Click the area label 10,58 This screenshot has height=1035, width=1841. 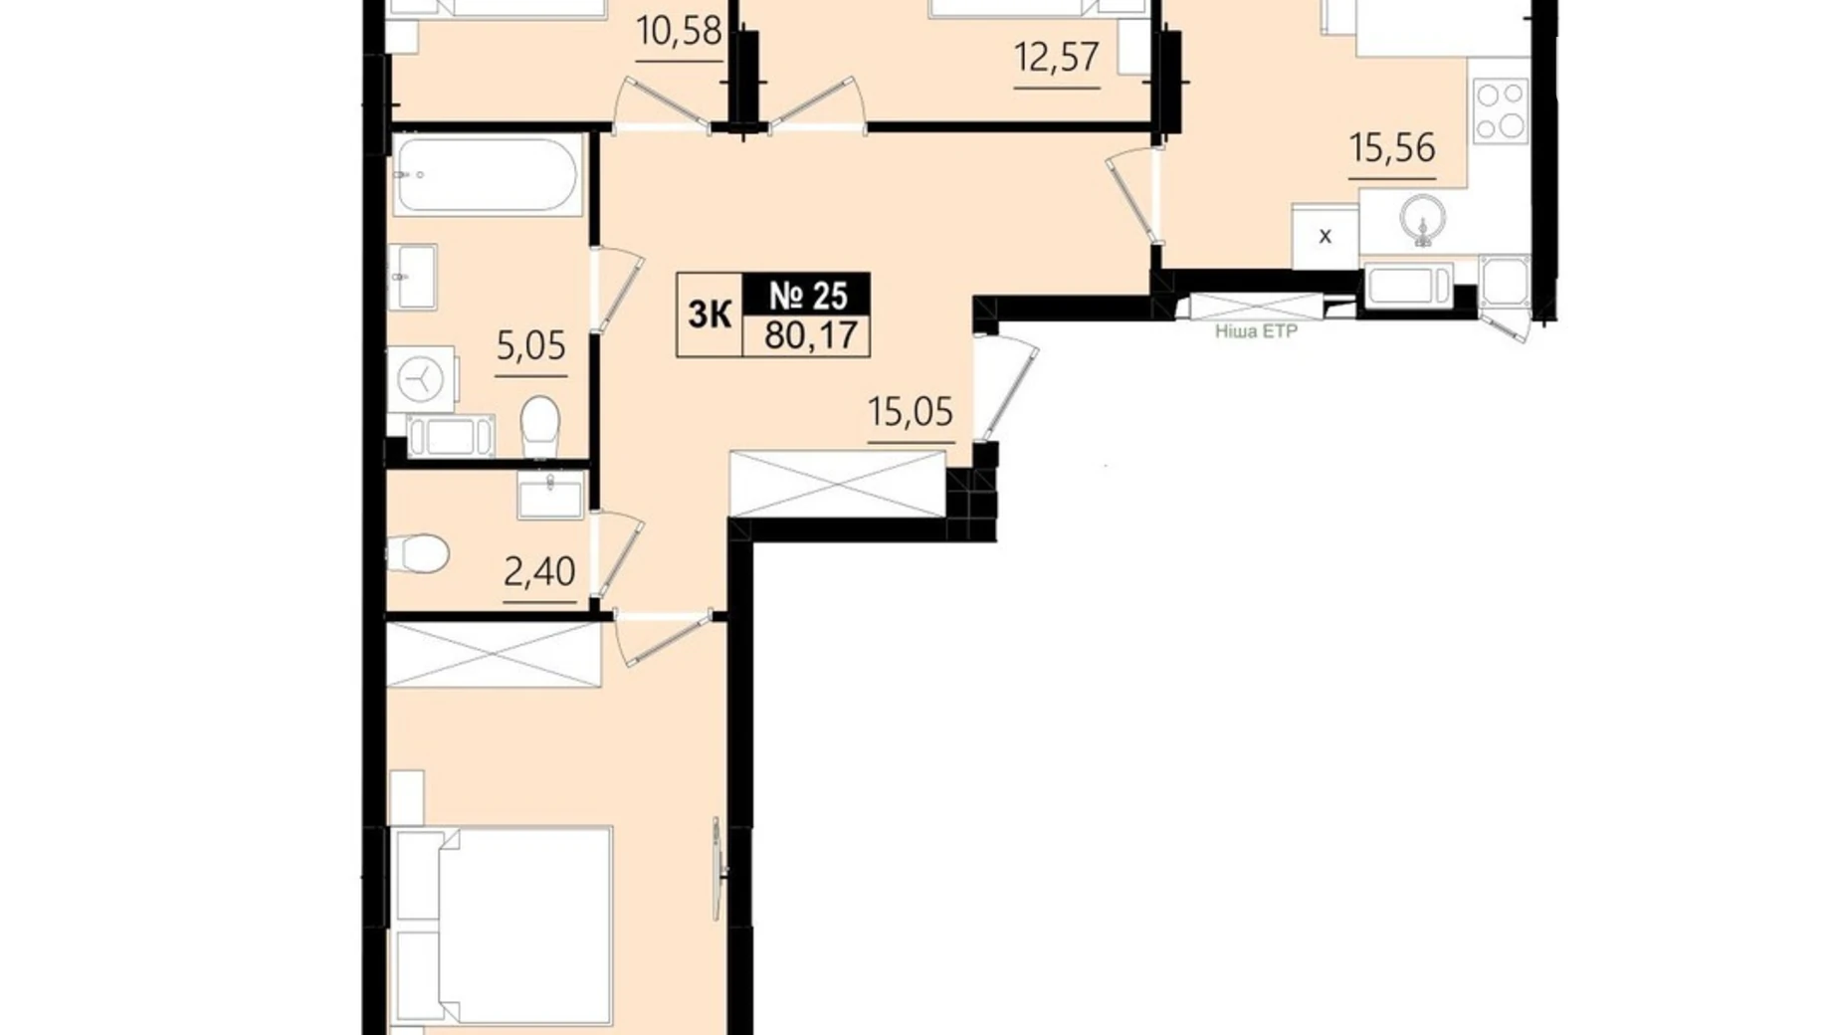[x=679, y=31]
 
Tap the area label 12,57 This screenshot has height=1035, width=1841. [x=1057, y=57]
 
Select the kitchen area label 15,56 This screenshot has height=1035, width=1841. [x=1392, y=147]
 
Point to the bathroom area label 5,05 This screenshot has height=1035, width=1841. [x=530, y=345]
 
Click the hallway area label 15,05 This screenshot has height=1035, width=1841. [x=911, y=410]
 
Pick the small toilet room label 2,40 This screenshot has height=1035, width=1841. [x=539, y=571]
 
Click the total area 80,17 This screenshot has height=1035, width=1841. [x=811, y=334]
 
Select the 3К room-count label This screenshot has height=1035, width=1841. [x=710, y=314]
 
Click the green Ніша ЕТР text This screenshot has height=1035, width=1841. [x=1256, y=331]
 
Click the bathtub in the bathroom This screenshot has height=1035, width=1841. [x=485, y=175]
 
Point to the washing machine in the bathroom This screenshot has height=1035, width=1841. [x=422, y=379]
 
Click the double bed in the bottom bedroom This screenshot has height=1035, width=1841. [x=502, y=927]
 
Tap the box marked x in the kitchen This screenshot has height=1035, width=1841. [x=1326, y=236]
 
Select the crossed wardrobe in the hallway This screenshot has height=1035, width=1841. [x=837, y=484]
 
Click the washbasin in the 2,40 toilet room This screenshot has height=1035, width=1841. [x=550, y=495]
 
